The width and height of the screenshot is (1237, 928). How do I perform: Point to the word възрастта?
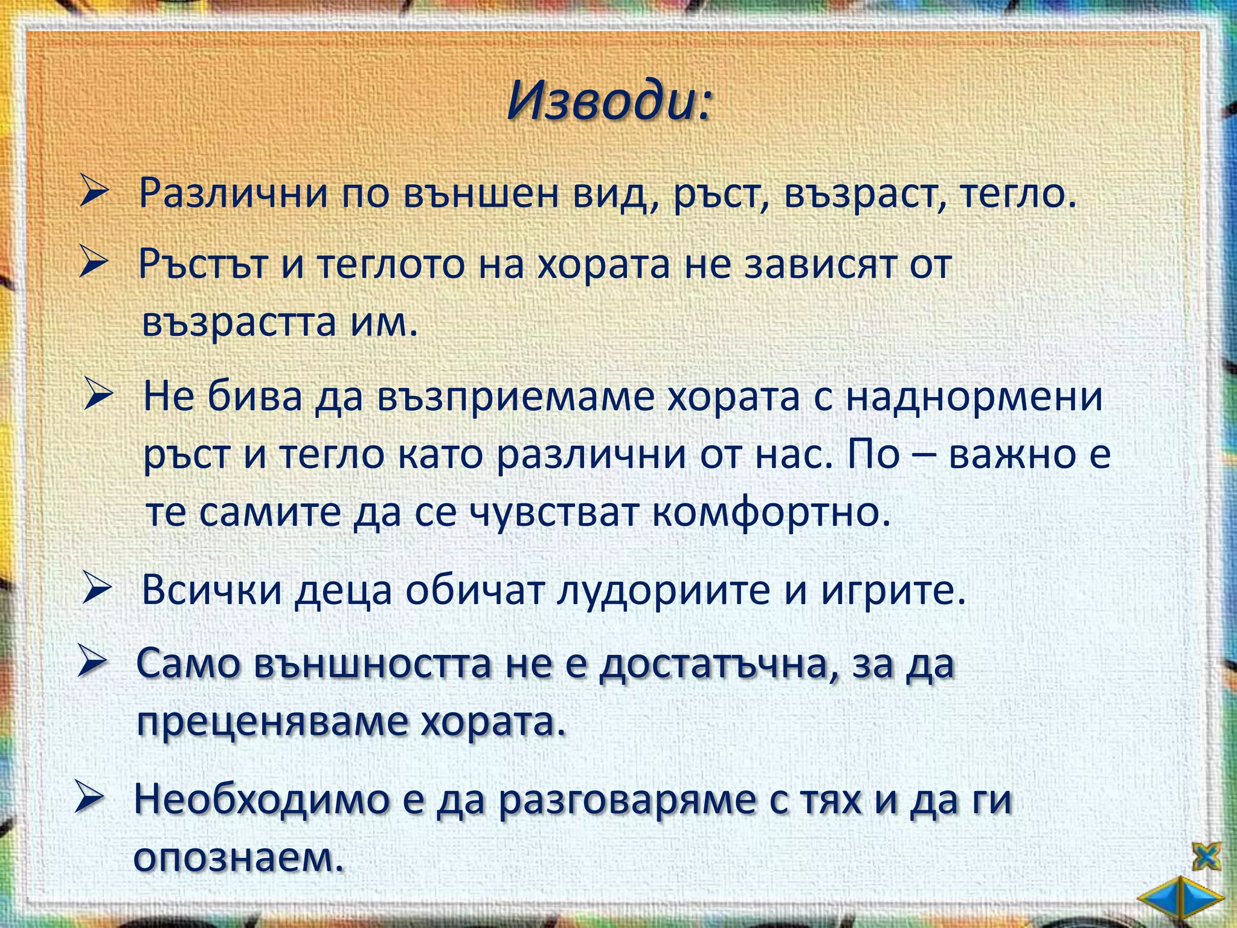pyautogui.click(x=239, y=322)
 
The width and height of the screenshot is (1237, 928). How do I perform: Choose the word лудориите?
pyautogui.click(x=663, y=589)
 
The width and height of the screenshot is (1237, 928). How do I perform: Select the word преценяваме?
pyautogui.click(x=271, y=721)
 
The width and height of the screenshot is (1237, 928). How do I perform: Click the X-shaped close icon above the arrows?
pyautogui.click(x=1206, y=857)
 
